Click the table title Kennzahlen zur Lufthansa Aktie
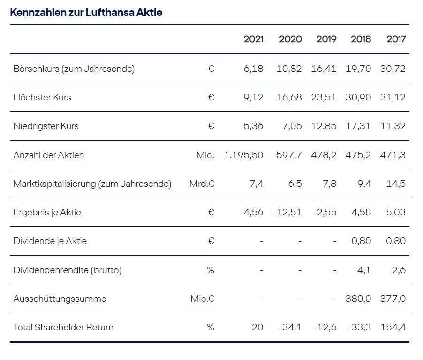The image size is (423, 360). click(86, 13)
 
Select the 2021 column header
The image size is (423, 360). click(253, 39)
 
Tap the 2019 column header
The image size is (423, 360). click(326, 39)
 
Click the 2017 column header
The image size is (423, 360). click(396, 39)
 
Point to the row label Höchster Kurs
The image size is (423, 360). click(42, 98)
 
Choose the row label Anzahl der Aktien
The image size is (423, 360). click(49, 155)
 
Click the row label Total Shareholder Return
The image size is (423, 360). click(63, 327)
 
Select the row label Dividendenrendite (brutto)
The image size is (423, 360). click(67, 270)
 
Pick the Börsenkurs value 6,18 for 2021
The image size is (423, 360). click(254, 69)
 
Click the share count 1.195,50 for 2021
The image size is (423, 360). click(243, 155)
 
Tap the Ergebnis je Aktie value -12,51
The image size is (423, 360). click(287, 213)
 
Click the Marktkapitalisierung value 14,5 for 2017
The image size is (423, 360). click(396, 184)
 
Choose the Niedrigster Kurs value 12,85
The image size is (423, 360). click(324, 126)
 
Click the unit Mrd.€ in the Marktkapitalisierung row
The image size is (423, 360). click(202, 184)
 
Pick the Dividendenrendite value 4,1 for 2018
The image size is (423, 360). click(364, 270)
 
